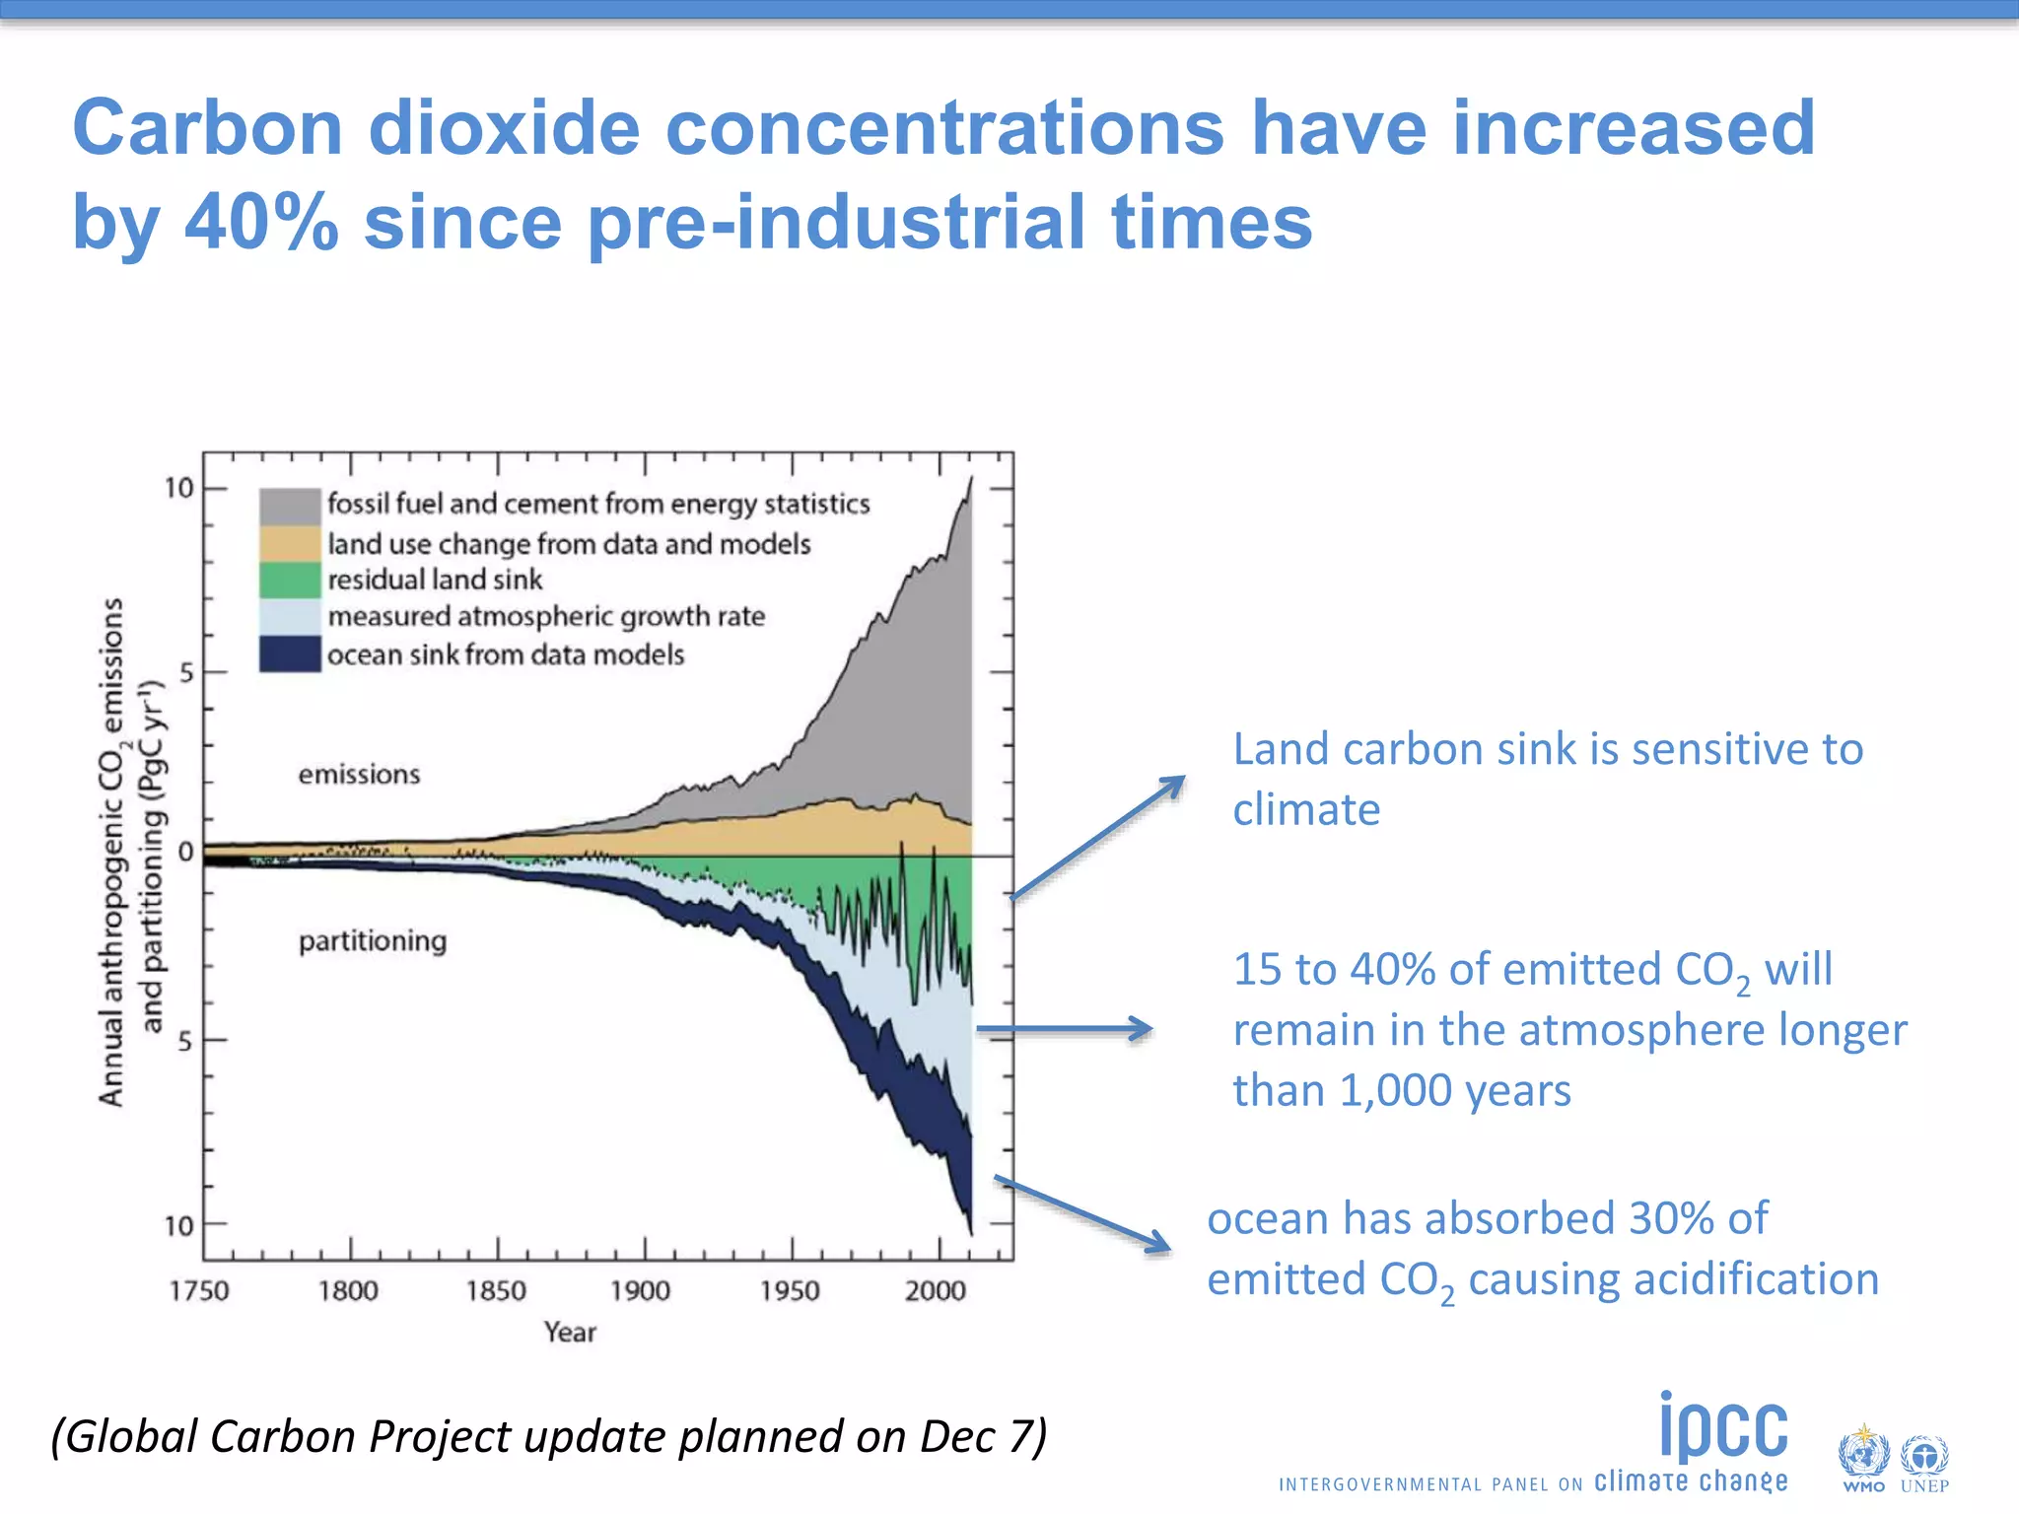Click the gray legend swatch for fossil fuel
[x=290, y=506]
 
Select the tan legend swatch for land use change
[x=290, y=543]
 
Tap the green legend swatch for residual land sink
[x=290, y=580]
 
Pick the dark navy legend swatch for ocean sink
[x=290, y=654]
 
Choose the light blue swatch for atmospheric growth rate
[x=290, y=617]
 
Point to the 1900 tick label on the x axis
[x=640, y=1290]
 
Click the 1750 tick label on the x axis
[x=199, y=1290]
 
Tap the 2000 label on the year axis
[x=935, y=1290]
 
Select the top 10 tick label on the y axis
[x=179, y=488]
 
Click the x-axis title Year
[x=570, y=1333]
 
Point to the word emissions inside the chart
[x=359, y=775]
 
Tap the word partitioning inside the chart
[x=373, y=941]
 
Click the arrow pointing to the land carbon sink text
[x=1098, y=837]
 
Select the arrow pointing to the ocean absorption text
[x=1082, y=1214]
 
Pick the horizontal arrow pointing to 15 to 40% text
[x=1065, y=1029]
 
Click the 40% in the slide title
[x=261, y=221]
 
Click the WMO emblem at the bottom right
[x=1862, y=1456]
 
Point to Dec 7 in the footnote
[x=975, y=1436]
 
